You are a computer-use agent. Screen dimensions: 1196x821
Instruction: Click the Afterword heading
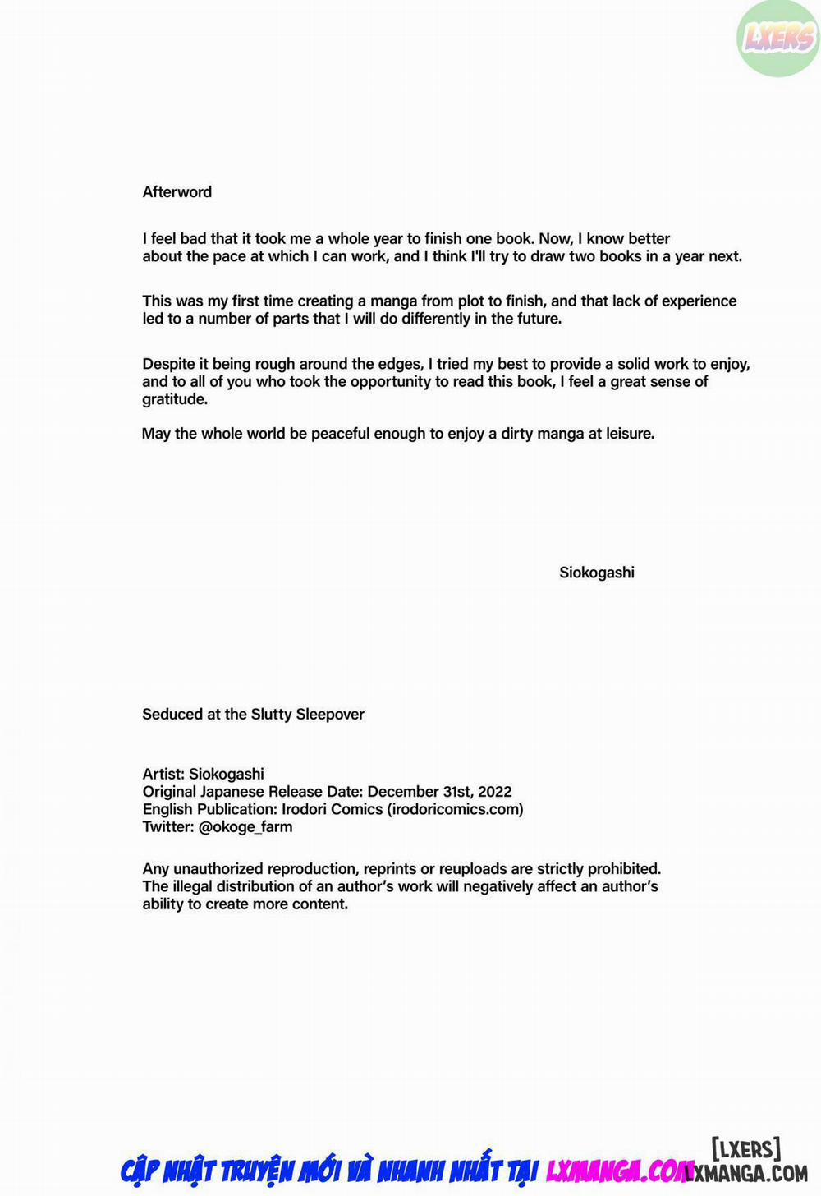click(177, 191)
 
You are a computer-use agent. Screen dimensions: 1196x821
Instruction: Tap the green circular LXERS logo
click(777, 38)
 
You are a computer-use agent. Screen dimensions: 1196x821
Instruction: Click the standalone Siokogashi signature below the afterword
click(597, 573)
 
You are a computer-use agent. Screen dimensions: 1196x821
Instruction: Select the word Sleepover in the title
click(330, 714)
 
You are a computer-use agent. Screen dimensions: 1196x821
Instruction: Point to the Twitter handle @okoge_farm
click(245, 826)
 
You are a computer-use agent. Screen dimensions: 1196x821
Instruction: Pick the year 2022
click(494, 791)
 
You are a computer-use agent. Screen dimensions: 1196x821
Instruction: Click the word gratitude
click(174, 399)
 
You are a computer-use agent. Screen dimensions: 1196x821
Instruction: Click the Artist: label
click(163, 773)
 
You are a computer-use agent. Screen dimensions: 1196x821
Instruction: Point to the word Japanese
click(231, 791)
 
